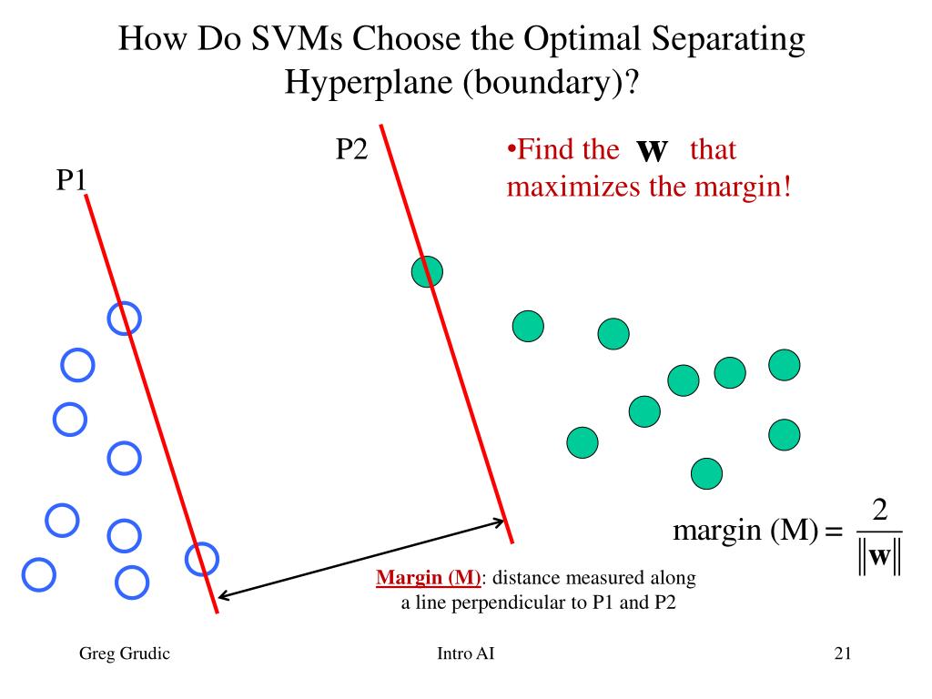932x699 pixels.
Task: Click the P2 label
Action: [x=351, y=148]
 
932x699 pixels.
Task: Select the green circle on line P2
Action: [x=427, y=271]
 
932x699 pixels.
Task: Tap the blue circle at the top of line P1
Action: [x=125, y=318]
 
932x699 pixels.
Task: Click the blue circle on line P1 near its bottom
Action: [x=201, y=559]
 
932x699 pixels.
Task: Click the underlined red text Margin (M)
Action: [x=428, y=578]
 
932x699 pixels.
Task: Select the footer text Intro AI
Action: [x=466, y=653]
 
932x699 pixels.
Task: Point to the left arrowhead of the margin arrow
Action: [x=222, y=597]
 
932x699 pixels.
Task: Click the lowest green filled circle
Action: [x=706, y=473]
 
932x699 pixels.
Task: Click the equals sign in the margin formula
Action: [x=833, y=532]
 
